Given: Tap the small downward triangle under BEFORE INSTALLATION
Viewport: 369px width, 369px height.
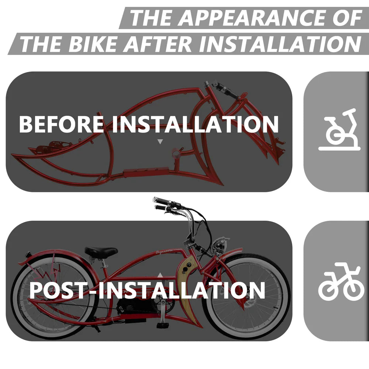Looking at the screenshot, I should pos(160,141).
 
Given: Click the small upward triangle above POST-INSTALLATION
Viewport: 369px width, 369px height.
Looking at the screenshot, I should pos(160,275).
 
